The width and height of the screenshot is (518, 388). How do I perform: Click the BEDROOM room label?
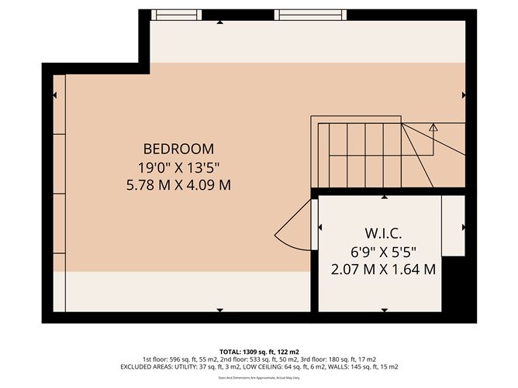(x=178, y=148)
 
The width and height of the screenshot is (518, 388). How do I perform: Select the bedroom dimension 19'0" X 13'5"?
(x=178, y=167)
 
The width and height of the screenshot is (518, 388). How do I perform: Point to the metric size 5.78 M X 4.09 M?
(x=178, y=185)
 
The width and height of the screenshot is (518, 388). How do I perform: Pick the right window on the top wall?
(x=309, y=14)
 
